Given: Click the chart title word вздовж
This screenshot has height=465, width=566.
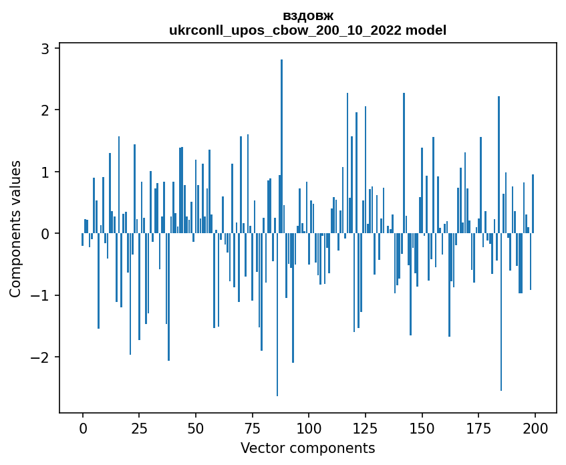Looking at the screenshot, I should (308, 15).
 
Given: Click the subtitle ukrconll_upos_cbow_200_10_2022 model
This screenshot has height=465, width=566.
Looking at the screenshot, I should (308, 30).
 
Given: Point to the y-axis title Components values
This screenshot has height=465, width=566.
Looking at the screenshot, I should (15, 228).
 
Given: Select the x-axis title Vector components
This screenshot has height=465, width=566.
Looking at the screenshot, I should (308, 448).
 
